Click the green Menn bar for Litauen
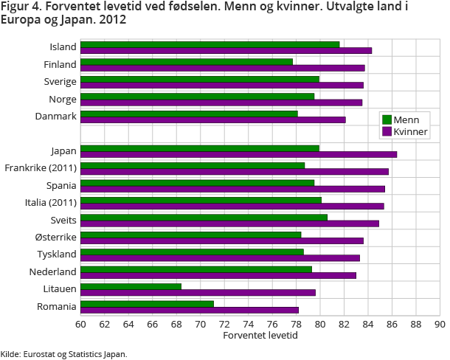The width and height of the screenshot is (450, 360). pos(131,286)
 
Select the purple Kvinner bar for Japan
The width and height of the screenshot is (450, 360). pos(238,154)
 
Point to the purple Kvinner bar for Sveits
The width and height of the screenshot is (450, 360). pos(229,224)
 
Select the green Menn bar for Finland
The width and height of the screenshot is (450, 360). pos(187,61)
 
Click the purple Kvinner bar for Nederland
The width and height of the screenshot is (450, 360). pos(218,275)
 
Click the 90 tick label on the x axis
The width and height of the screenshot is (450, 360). pos(440,323)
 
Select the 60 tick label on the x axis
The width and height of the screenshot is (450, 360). pos(80,323)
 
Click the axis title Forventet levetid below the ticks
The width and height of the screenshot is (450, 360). pos(260,335)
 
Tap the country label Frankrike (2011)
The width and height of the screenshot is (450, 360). pos(41,168)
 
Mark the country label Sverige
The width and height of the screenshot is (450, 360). pos(60,81)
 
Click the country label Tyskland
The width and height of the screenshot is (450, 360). pos(57,255)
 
